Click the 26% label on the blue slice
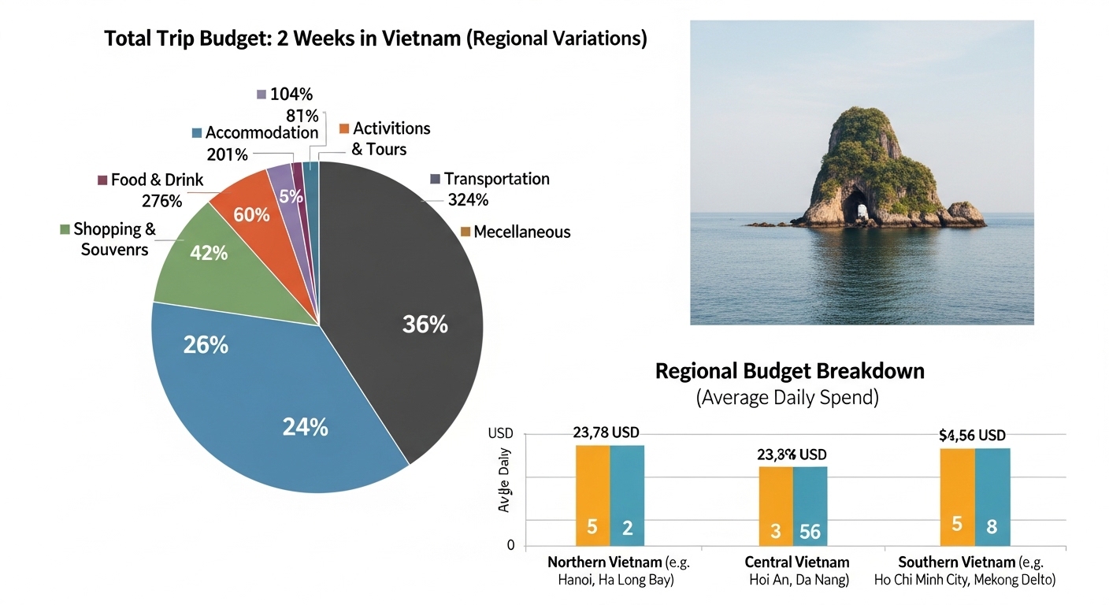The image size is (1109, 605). pos(206,345)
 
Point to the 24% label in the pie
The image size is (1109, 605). pos(305,427)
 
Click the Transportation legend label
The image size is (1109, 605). pos(496,179)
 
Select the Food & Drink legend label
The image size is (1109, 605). pos(157,180)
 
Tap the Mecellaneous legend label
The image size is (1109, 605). pos(521,232)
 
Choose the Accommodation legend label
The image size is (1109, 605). pos(261,133)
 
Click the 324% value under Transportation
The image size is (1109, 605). pos(468,200)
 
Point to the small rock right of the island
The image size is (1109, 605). pos(966,215)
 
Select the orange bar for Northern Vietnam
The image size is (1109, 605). pos(592,495)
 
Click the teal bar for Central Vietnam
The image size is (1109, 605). pos(810,505)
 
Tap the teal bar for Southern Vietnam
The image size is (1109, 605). pos(992,496)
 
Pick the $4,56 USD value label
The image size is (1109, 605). pos(973,435)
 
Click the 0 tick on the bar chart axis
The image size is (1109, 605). pos(510,545)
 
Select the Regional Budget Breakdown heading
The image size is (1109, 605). pos(789,371)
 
